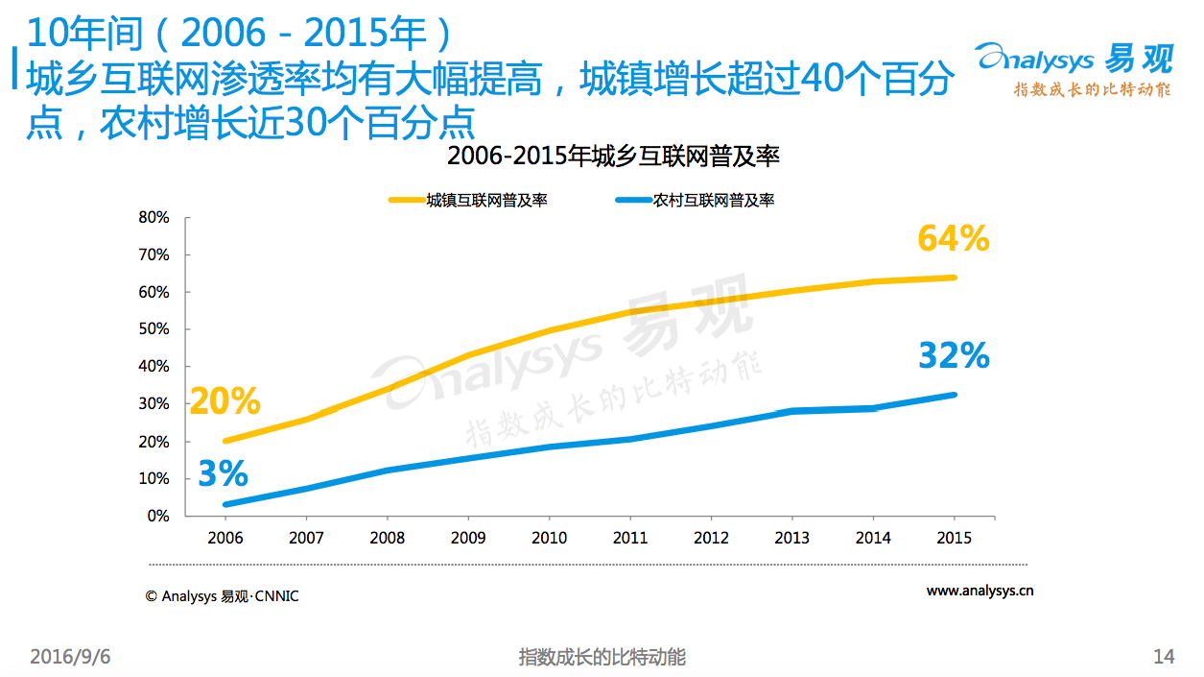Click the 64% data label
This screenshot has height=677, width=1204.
coord(953,238)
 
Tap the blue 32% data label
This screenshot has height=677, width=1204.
coord(954,355)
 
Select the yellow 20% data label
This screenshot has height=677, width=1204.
coord(224,401)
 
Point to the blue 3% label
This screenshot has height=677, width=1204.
coord(223,473)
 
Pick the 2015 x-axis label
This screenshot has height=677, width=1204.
coord(954,538)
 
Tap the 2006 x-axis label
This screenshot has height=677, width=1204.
coord(225,538)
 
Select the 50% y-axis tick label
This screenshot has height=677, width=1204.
coord(153,328)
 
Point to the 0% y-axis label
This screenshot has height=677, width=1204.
coord(158,516)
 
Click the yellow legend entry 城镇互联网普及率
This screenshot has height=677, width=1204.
coord(467,200)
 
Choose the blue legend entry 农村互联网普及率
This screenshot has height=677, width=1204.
coord(695,200)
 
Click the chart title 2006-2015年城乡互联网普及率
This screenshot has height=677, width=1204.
coord(613,157)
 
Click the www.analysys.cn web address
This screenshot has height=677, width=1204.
coord(980,591)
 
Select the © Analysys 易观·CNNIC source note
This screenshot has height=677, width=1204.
coord(222,596)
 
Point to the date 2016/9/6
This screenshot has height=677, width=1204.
coord(70,657)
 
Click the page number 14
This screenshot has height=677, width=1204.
coord(1164,657)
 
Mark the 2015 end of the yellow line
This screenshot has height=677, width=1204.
coord(955,278)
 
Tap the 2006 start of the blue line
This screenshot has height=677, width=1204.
coord(225,505)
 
